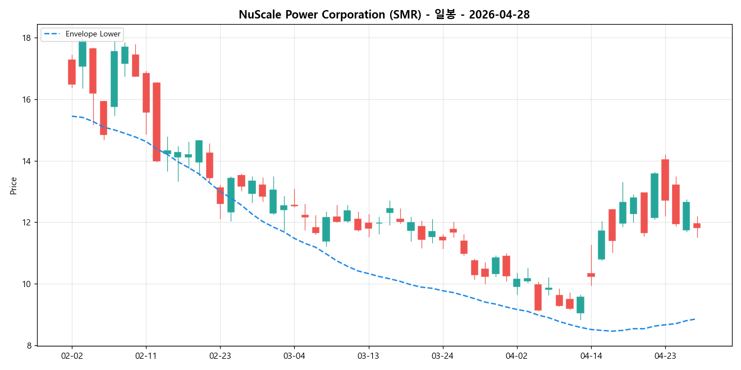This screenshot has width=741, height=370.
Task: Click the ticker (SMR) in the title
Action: click(405, 15)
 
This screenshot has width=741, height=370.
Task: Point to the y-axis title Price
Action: click(13, 186)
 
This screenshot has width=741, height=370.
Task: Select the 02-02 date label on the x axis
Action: click(72, 355)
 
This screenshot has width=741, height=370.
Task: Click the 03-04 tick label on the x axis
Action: click(294, 355)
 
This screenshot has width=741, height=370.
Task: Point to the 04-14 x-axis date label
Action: click(591, 355)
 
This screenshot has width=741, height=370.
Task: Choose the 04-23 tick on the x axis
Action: click(665, 355)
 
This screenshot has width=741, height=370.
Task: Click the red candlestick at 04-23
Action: click(665, 179)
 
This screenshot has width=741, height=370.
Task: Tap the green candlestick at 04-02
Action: click(516, 283)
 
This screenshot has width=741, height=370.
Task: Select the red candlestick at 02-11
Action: click(146, 92)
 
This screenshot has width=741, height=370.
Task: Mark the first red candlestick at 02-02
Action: click(72, 72)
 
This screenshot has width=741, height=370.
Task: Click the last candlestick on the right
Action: click(697, 225)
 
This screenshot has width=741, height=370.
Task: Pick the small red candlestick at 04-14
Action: click(591, 275)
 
